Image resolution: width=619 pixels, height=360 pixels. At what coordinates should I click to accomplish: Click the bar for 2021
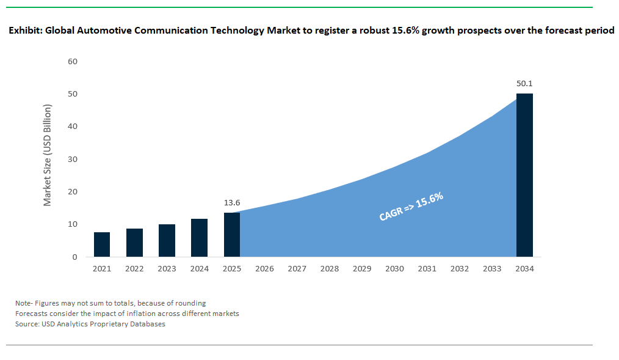(x=102, y=244)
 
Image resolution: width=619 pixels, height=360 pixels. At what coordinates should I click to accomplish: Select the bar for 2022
(x=134, y=243)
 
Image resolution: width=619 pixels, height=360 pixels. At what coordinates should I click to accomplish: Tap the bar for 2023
(x=167, y=241)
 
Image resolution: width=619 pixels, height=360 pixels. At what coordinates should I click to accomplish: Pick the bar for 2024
(x=199, y=238)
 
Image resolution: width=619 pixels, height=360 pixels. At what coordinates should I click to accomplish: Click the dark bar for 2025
(x=231, y=235)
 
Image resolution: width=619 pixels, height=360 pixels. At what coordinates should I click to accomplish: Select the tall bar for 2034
(x=524, y=175)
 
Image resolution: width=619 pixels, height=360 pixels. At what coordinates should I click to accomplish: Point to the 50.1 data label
(x=524, y=83)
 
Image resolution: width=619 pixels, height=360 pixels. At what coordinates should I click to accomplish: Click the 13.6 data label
(x=232, y=202)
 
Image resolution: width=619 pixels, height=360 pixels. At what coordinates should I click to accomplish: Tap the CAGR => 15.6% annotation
(x=411, y=207)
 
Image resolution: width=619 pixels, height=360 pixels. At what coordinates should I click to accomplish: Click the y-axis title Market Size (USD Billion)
(x=47, y=155)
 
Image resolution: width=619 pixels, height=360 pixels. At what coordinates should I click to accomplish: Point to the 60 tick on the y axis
(x=73, y=62)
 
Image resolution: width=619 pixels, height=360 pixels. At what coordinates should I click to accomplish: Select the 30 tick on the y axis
(x=73, y=160)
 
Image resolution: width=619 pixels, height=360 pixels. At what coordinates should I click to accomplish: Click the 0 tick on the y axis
(x=75, y=257)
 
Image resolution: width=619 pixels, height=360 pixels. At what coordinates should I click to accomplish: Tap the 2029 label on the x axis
(x=361, y=269)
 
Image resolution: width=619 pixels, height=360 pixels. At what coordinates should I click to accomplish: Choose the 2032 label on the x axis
(x=459, y=269)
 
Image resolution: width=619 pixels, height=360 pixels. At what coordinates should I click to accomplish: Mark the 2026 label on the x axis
(x=264, y=269)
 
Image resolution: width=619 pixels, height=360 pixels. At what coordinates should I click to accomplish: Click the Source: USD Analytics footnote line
(x=90, y=324)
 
